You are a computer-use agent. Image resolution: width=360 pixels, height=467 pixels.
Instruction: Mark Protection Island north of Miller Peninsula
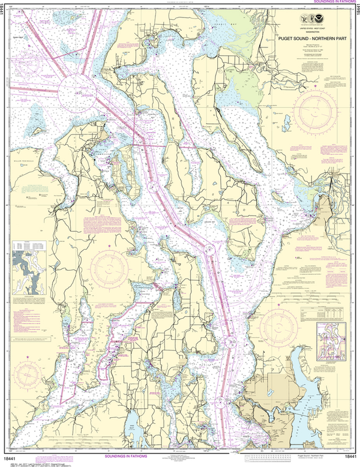[40, 128]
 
